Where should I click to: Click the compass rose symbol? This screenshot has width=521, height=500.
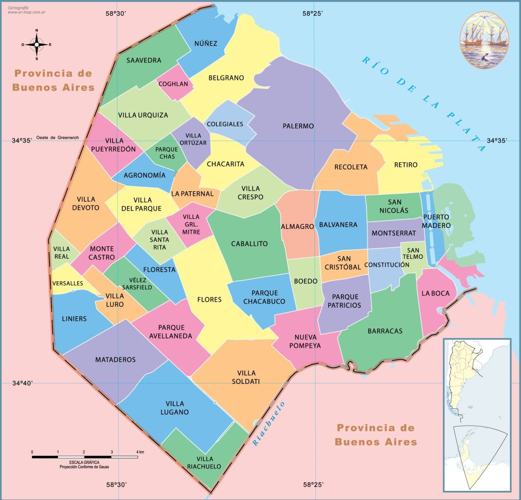[x=37, y=45]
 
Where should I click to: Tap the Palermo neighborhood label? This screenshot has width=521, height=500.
[x=298, y=126]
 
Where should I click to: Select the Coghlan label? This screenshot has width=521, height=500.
[x=173, y=84]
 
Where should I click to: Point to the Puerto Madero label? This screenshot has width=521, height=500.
[x=436, y=221]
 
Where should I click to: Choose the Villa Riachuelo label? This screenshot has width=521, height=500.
[x=204, y=462]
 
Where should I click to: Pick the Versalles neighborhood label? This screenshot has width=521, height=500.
[x=67, y=283]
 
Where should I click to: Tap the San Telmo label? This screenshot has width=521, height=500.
[x=413, y=254]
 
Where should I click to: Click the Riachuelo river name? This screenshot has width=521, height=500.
[x=269, y=424]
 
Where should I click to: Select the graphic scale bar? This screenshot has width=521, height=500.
[x=85, y=457]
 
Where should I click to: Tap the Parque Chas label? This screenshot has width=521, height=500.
[x=166, y=153]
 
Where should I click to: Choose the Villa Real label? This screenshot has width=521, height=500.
[x=62, y=253]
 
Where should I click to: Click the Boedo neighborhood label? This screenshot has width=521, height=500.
[x=306, y=281]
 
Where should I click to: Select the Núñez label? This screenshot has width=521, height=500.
[x=206, y=43]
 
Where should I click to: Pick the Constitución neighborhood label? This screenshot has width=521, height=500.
[x=387, y=265]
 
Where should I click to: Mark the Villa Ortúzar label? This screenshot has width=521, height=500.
[x=193, y=139]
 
